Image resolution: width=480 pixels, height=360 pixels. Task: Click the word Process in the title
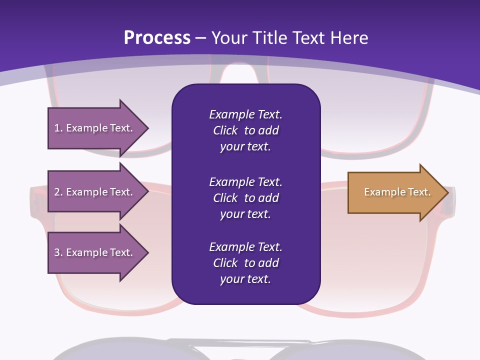pos(157,38)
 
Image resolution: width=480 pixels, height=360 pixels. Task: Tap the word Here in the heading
pos(349,38)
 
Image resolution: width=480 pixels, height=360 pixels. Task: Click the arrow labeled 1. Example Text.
pos(98,128)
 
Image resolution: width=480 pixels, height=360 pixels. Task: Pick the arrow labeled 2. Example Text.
pos(98,191)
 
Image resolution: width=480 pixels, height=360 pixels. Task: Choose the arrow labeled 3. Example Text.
pos(98,252)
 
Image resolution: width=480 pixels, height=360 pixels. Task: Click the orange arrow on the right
pos(398,192)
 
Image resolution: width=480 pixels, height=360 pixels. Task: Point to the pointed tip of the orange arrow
pos(449,192)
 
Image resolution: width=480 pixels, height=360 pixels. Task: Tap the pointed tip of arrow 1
pos(149,128)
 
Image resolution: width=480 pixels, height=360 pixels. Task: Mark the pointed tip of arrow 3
pos(149,252)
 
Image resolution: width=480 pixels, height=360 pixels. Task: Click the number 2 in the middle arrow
pos(57,192)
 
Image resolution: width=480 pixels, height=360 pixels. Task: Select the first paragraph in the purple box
pos(246,130)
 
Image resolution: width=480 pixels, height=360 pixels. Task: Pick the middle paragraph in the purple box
pos(246,198)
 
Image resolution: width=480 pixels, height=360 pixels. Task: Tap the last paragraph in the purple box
pos(246,263)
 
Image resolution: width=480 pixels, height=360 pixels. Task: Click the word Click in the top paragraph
pos(225,130)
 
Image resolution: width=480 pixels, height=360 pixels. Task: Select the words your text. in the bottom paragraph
pos(245,279)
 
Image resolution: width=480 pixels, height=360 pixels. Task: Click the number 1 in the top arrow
pos(57,128)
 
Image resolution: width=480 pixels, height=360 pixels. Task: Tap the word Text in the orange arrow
pos(419,192)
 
